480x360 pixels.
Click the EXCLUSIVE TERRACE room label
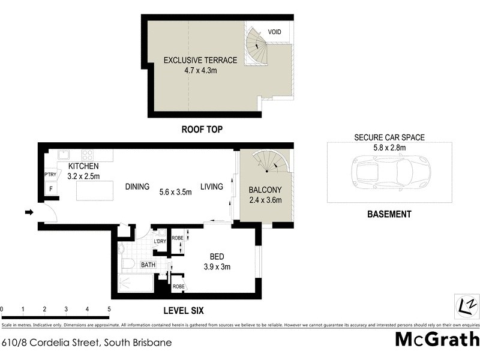(200, 60)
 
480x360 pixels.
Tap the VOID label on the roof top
(275, 32)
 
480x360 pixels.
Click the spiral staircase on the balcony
(270, 163)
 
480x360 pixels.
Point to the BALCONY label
(265, 190)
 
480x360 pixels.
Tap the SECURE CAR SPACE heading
(389, 137)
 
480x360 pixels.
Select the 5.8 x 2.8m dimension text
(389, 147)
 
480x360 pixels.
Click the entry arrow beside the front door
(29, 212)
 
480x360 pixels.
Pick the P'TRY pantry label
(50, 175)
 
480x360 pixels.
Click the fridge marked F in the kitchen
(50, 188)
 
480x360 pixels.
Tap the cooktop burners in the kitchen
(88, 154)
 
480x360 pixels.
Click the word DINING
(137, 187)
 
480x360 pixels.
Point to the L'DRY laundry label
(160, 241)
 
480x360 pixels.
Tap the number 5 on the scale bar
(109, 310)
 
